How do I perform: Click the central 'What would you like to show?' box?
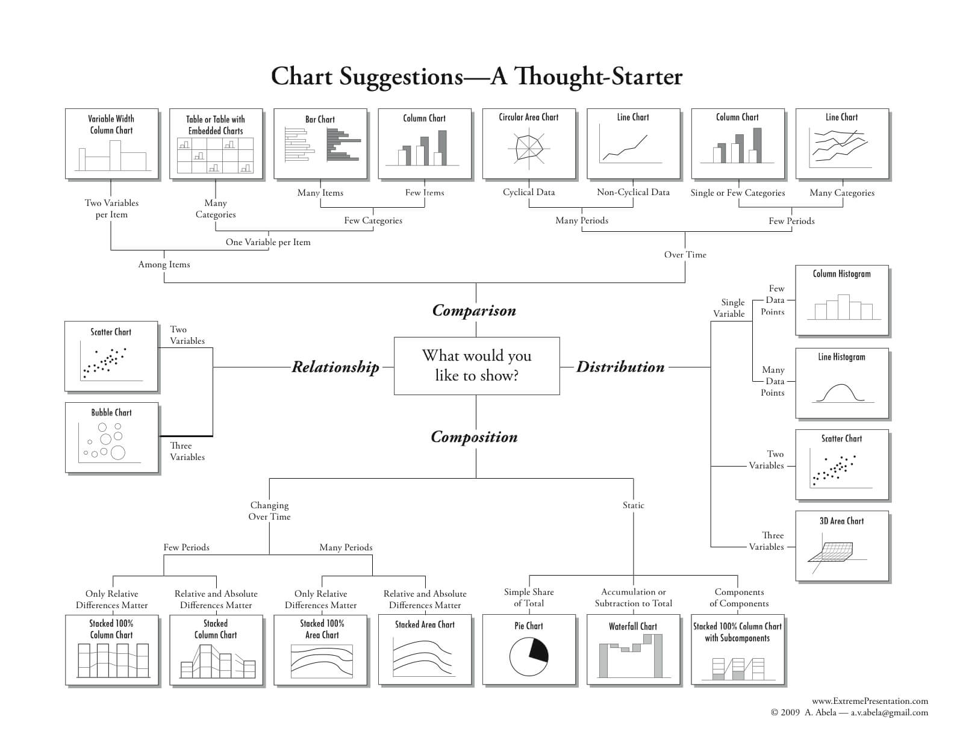pos(476,365)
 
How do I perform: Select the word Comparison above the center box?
pos(474,311)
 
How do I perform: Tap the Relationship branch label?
pos(335,367)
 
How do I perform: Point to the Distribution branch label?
pos(620,367)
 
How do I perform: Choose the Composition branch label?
pos(474,437)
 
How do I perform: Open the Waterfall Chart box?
pos(633,649)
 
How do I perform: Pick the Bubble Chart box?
pos(111,437)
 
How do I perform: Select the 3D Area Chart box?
pos(841,546)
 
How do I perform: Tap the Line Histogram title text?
pos(841,357)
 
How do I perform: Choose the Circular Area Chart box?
pos(529,143)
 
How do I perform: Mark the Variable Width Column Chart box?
pos(111,143)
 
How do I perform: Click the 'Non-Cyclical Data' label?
pos(633,193)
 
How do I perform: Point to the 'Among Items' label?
pos(164,264)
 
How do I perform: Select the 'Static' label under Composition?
pos(633,505)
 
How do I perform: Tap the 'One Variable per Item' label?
pos(268,242)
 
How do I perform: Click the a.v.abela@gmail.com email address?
pos(889,713)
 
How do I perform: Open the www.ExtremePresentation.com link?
pos(870,701)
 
